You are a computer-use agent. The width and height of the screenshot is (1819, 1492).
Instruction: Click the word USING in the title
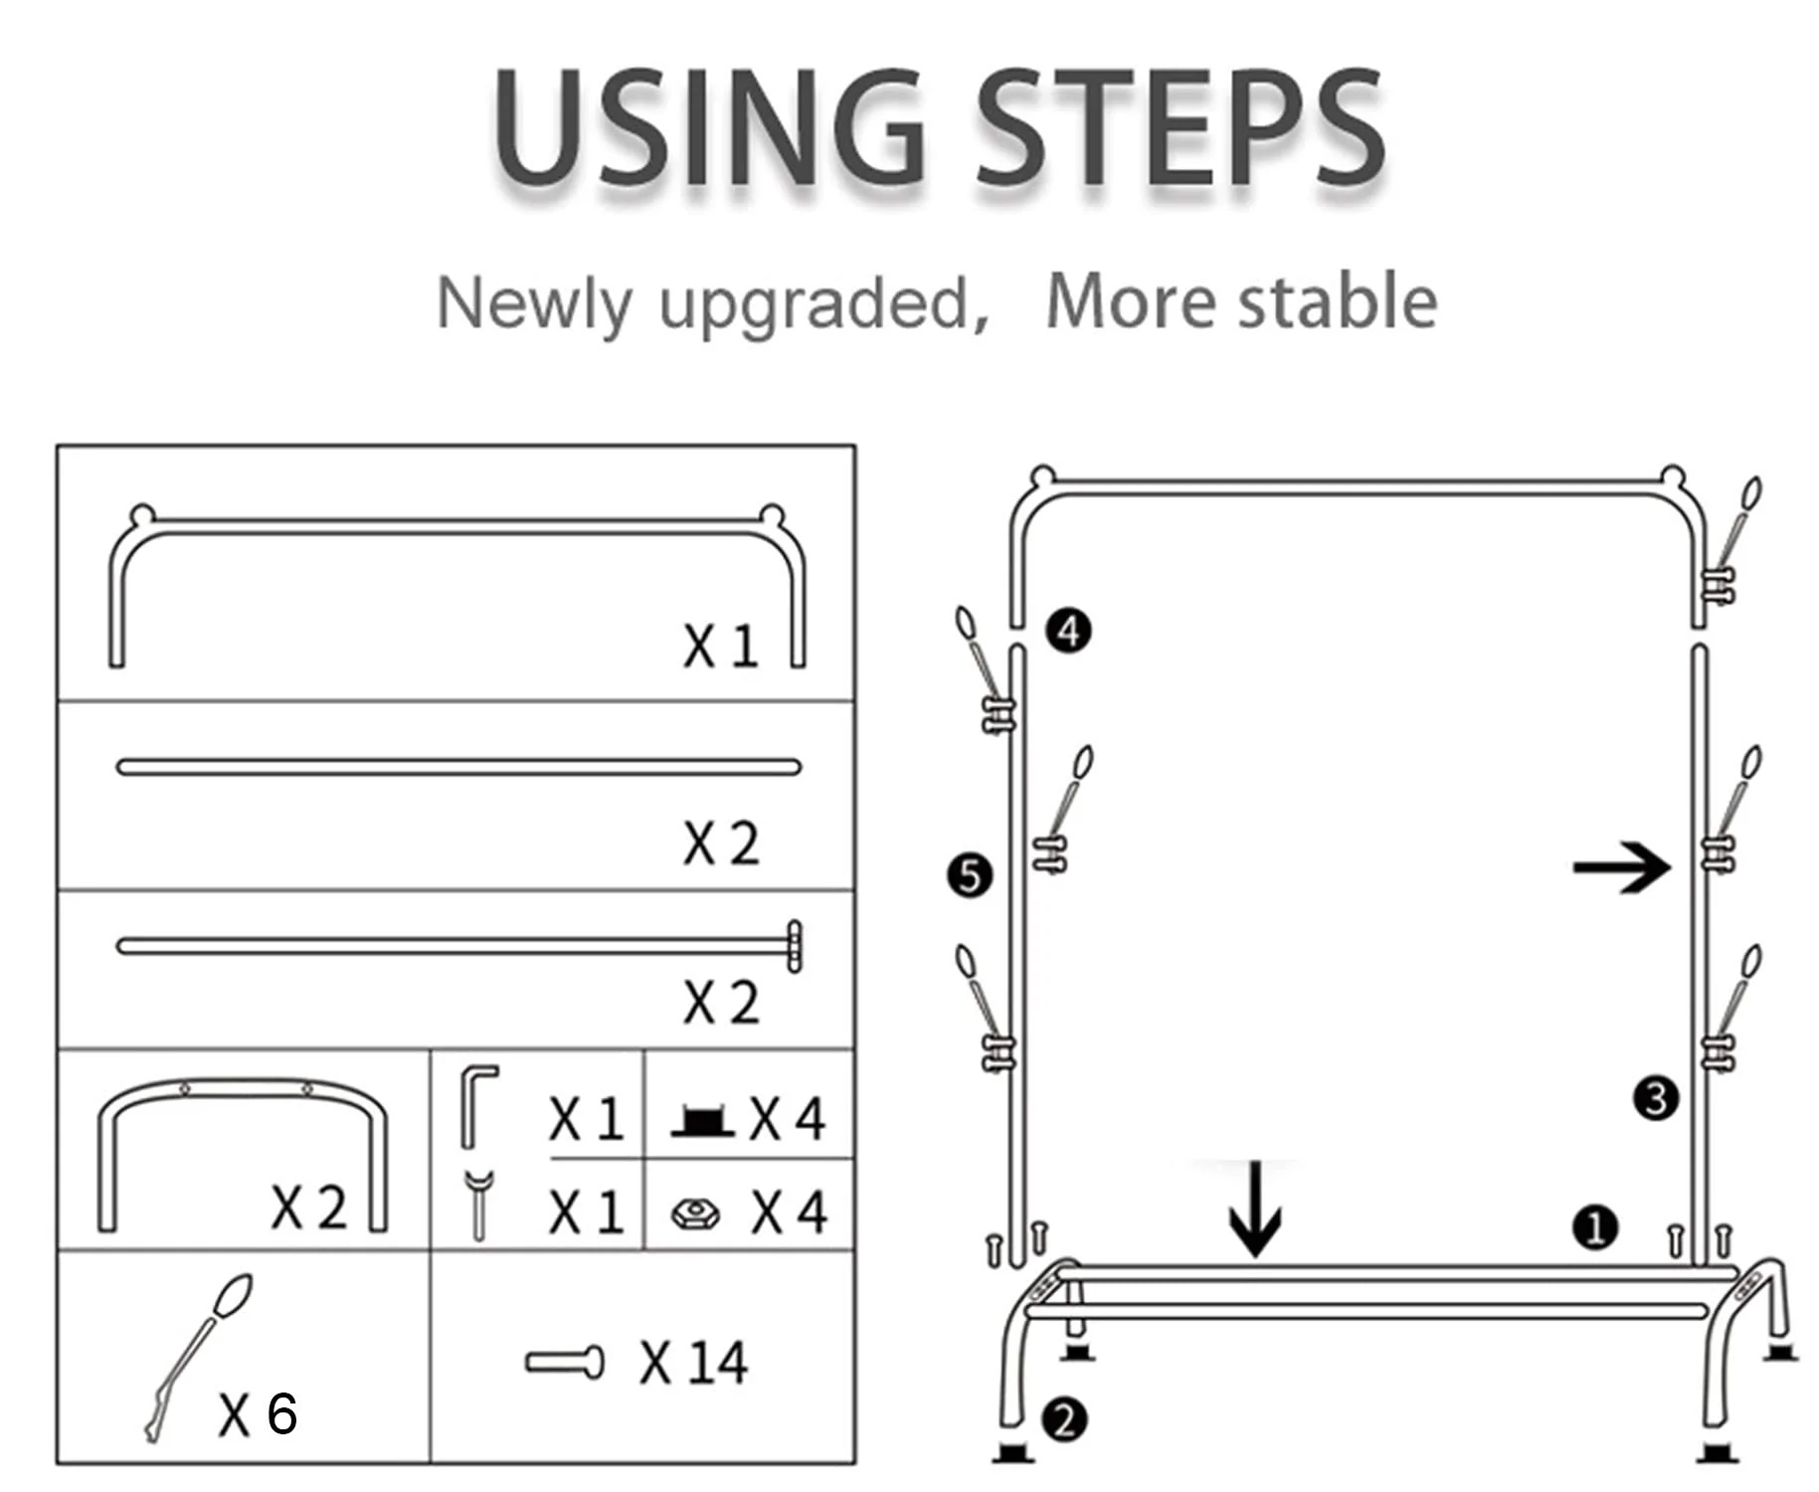point(710,128)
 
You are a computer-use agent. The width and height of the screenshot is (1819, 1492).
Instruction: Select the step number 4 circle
point(1068,631)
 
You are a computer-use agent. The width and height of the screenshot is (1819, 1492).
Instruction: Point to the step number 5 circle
point(970,876)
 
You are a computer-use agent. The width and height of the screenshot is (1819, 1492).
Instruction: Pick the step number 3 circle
point(1656,1098)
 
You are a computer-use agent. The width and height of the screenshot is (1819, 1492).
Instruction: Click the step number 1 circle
point(1595,1227)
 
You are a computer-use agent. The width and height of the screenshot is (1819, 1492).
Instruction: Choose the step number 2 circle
point(1064,1419)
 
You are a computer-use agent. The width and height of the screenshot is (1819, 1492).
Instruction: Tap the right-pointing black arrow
point(1621,867)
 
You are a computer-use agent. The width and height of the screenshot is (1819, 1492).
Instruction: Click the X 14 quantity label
point(693,1362)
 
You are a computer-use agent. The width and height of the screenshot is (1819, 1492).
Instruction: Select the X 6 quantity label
point(258,1413)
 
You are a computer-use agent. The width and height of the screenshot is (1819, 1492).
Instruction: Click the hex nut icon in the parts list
point(695,1213)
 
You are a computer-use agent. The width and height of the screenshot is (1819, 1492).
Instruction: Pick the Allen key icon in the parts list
point(476,1106)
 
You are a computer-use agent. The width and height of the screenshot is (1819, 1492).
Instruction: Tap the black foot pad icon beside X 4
point(702,1121)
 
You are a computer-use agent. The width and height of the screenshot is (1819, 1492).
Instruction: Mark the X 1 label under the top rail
point(720,646)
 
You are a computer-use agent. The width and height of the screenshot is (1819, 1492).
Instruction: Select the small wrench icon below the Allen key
point(478,1206)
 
